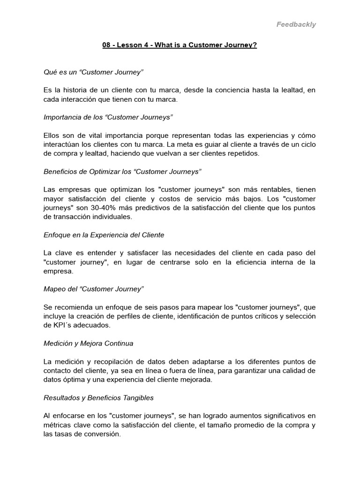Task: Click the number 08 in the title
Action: (x=107, y=45)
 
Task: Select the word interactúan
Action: (x=62, y=144)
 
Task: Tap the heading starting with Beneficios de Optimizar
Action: (x=122, y=172)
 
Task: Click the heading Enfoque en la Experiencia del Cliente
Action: (x=104, y=235)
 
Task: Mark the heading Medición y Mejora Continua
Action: (x=88, y=343)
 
